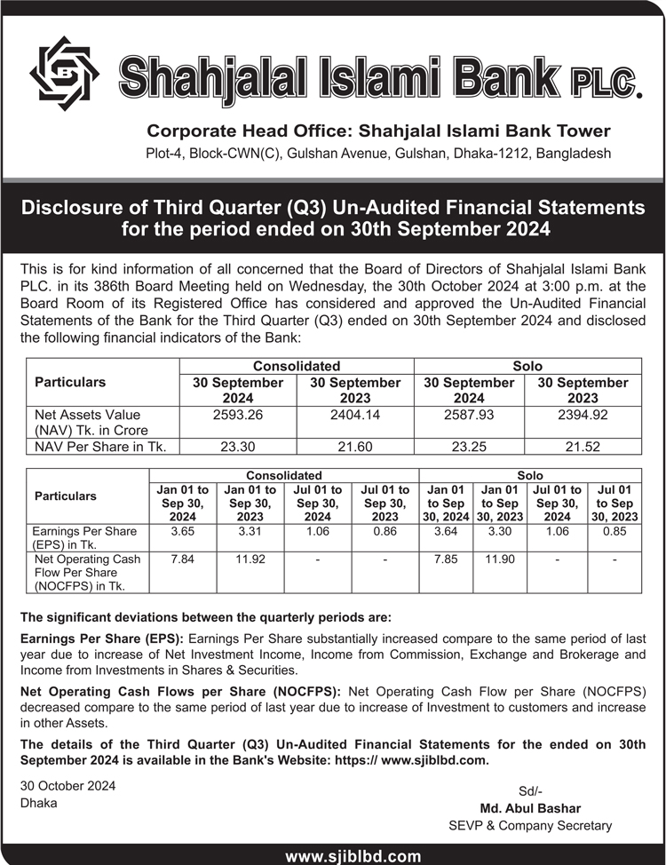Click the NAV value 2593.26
[x=238, y=415]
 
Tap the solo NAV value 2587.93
[x=469, y=415]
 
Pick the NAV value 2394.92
[x=583, y=415]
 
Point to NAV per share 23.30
[x=238, y=448]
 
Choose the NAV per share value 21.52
[x=583, y=448]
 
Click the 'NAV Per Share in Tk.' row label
[x=100, y=448]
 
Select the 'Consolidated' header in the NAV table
[x=297, y=366]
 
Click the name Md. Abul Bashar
[x=530, y=808]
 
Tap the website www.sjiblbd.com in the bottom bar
[x=353, y=856]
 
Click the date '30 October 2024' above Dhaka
[x=67, y=786]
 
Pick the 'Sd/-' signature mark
[x=530, y=791]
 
